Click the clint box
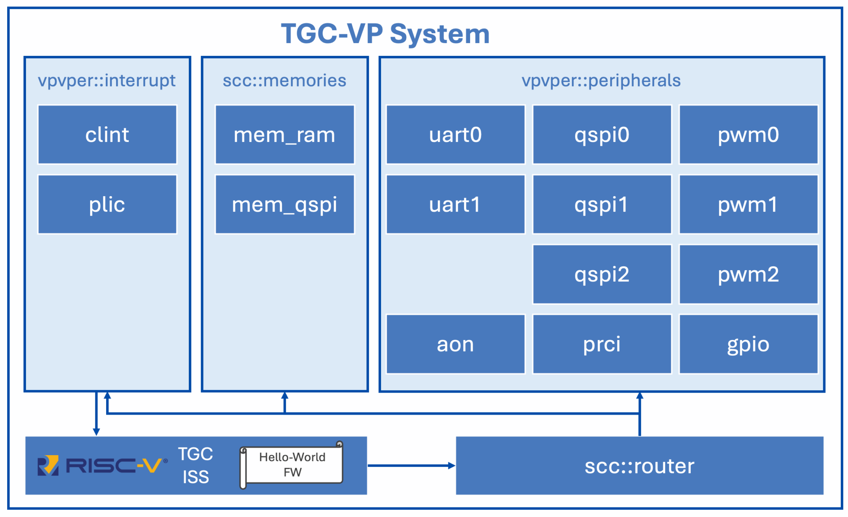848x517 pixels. click(x=107, y=134)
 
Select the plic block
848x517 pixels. click(x=107, y=204)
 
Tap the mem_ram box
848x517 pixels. click(x=285, y=134)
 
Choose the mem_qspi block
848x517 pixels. click(x=285, y=204)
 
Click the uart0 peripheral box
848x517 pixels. click(x=455, y=134)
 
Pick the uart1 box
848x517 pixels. click(x=455, y=204)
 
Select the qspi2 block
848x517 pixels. click(x=602, y=274)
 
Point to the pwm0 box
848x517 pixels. click(x=748, y=134)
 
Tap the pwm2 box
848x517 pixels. click(x=748, y=274)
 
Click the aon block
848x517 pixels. click(x=455, y=344)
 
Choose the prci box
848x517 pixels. click(x=602, y=344)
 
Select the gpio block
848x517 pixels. click(x=748, y=344)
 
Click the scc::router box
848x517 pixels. click(x=639, y=466)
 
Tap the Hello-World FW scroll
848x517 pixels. click(x=291, y=465)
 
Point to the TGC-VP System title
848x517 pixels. click(x=385, y=34)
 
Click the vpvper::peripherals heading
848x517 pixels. click(x=601, y=81)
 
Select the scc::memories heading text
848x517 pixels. click(x=285, y=81)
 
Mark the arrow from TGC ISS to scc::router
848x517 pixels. click(x=411, y=466)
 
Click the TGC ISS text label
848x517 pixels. click(x=196, y=465)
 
